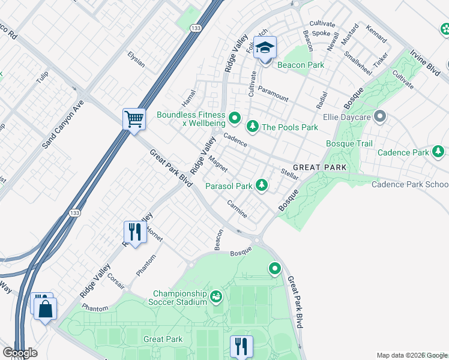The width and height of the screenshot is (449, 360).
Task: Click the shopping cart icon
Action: click(x=134, y=118)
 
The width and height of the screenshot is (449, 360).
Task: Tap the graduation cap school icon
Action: click(x=265, y=47)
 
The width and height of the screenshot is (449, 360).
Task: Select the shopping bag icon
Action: click(x=45, y=309)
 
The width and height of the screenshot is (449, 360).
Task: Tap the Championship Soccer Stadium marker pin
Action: click(x=216, y=296)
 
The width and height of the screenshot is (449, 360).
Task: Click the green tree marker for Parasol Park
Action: click(x=261, y=185)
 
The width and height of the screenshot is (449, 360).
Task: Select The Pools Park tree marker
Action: click(x=252, y=126)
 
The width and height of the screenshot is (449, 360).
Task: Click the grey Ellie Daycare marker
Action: click(x=379, y=116)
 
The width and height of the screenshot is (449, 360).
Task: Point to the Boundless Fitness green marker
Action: click(x=235, y=117)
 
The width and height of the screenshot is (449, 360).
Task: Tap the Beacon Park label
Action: click(x=300, y=65)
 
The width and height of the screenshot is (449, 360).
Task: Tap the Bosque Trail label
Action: click(x=349, y=143)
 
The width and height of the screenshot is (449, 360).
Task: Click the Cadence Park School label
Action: click(x=409, y=184)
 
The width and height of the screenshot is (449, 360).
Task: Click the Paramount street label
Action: click(x=273, y=93)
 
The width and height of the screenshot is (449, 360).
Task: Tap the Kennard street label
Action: click(x=376, y=35)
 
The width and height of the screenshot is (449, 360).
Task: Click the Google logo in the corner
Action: click(x=20, y=352)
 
